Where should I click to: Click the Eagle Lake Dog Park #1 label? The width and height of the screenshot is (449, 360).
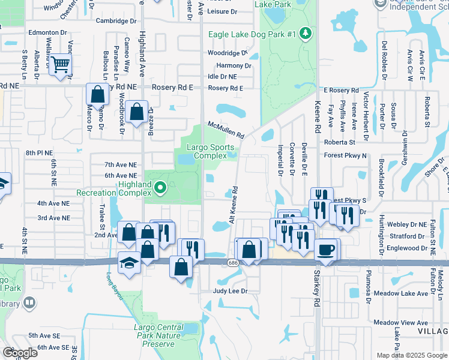[252, 34]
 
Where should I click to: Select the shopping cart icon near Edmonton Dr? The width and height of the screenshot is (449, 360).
[61, 65]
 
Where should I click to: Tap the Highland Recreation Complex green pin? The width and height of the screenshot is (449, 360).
[160, 188]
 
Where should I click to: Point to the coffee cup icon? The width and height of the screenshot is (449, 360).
[327, 250]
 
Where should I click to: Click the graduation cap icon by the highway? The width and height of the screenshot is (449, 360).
[129, 263]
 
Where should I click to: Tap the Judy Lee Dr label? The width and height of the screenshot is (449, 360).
[231, 291]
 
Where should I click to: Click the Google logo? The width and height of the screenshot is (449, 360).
[20, 353]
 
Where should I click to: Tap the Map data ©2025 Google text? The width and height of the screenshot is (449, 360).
[411, 355]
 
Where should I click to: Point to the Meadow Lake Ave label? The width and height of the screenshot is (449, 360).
[401, 293]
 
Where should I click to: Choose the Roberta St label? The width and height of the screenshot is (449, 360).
[339, 143]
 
